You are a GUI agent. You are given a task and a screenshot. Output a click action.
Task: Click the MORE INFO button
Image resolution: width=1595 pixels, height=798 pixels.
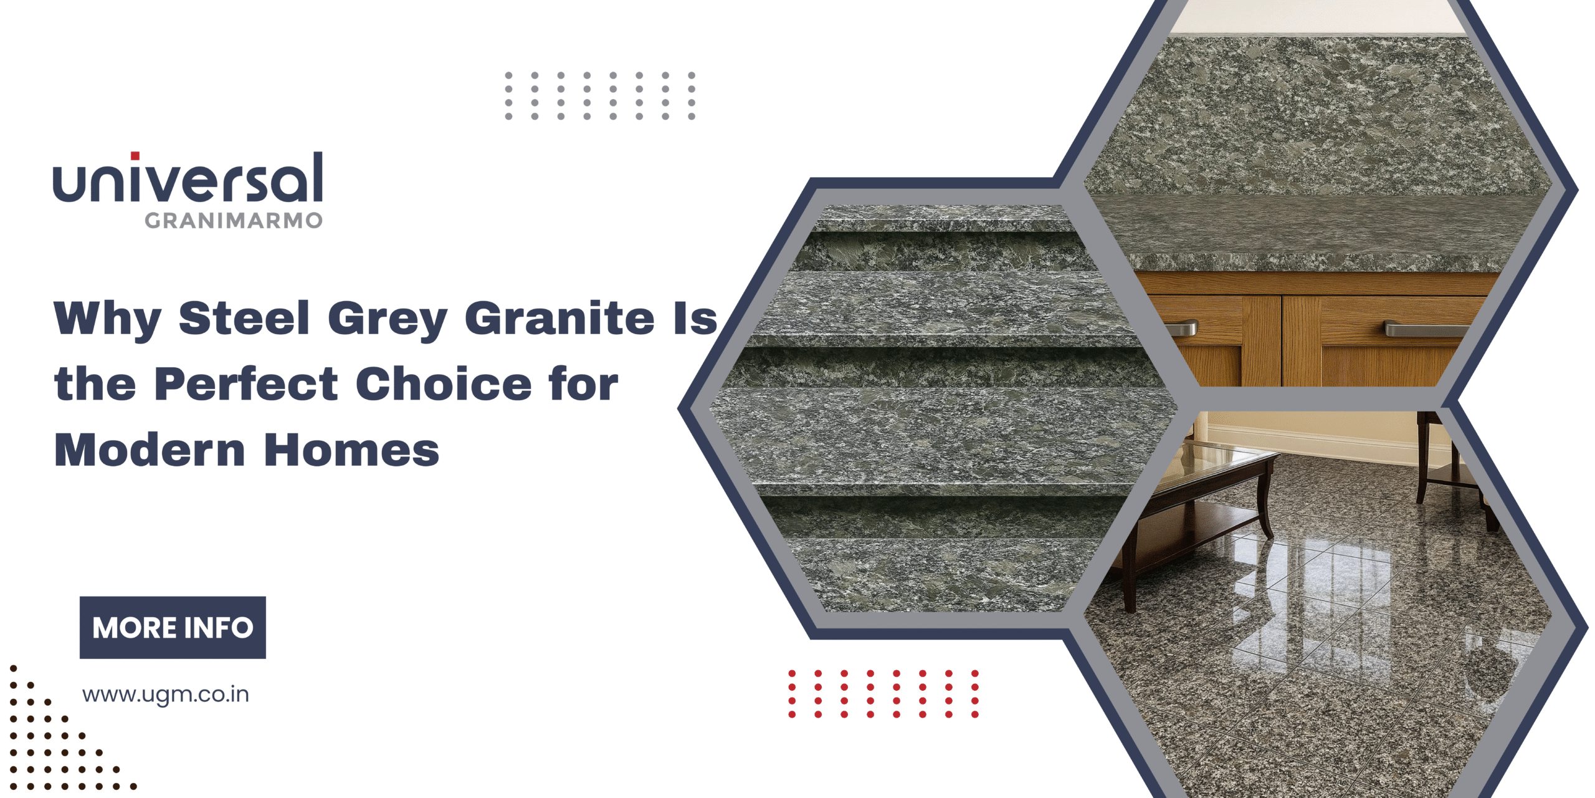pyautogui.click(x=173, y=627)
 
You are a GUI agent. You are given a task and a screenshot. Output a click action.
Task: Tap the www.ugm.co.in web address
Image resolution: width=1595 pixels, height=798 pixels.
pyautogui.click(x=166, y=695)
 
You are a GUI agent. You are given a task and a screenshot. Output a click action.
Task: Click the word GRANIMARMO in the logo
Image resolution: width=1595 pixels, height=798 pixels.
pyautogui.click(x=234, y=221)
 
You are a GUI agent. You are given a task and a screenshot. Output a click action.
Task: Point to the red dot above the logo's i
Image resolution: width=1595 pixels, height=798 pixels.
pyautogui.click(x=135, y=156)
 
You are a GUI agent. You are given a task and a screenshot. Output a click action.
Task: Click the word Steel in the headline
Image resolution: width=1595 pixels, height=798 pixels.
pyautogui.click(x=244, y=318)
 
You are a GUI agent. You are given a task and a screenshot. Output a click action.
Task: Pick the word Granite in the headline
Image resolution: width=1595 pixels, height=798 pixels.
pyautogui.click(x=559, y=318)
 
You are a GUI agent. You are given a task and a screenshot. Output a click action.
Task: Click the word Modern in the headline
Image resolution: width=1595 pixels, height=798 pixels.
pyautogui.click(x=150, y=449)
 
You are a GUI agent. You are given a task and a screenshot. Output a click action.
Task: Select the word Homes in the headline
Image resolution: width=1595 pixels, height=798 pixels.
pyautogui.click(x=352, y=449)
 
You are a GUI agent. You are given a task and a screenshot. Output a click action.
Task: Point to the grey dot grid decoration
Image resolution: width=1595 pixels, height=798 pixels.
pyautogui.click(x=600, y=95)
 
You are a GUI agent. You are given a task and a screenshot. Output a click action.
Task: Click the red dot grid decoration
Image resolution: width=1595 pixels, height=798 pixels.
pyautogui.click(x=883, y=694)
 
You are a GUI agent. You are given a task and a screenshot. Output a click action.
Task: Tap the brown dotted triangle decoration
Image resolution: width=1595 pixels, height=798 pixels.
pyautogui.click(x=50, y=742)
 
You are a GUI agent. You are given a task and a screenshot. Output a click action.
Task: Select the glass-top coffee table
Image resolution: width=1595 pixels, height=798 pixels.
pyautogui.click(x=1202, y=493)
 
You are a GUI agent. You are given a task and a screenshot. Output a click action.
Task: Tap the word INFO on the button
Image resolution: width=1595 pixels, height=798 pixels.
pyautogui.click(x=219, y=628)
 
